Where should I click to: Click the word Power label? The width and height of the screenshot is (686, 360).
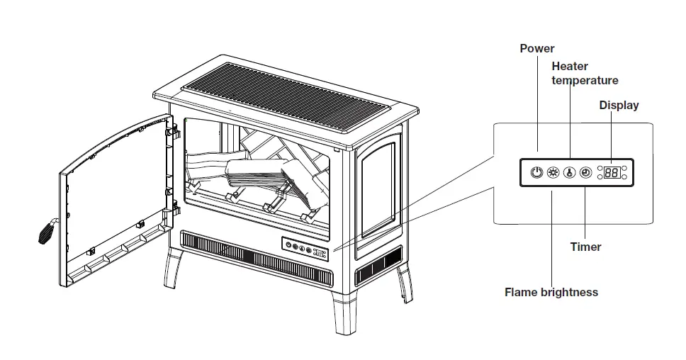pos(536,49)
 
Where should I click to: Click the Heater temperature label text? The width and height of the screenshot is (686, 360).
pos(584,73)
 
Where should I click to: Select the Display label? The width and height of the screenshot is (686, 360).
pos(619,106)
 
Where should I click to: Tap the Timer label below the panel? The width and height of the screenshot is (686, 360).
pos(585,247)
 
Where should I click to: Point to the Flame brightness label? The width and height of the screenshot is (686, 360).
pos(551,292)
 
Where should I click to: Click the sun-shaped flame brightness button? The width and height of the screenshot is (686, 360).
pos(553,172)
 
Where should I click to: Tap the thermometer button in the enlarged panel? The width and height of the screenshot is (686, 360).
pos(569,172)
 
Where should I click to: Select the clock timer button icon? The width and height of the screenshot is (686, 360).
pos(585,172)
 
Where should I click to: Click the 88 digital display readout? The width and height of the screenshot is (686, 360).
pos(612,172)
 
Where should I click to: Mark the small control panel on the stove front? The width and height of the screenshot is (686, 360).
pos(305,247)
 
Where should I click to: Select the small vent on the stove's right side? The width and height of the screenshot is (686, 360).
pos(378,271)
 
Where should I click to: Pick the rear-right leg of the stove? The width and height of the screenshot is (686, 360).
pos(405,283)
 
